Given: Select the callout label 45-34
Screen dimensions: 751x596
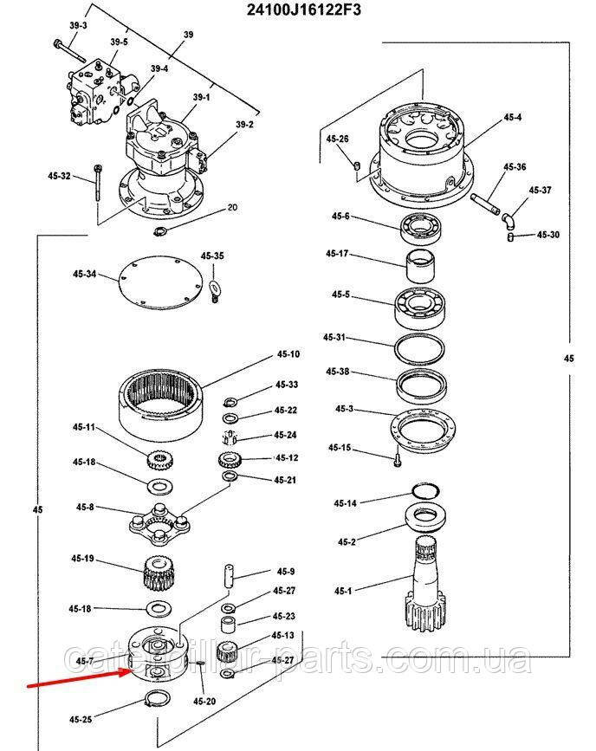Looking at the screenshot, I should point(84,275).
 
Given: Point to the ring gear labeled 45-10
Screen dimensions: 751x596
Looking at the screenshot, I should point(163,400).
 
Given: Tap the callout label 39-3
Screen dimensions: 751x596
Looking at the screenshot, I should point(78,26).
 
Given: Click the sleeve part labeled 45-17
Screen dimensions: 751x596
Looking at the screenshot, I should point(420,262).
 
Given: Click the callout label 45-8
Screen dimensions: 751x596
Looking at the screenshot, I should point(84,507).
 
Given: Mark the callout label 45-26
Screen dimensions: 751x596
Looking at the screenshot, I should point(338,139).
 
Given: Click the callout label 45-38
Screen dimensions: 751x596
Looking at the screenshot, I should point(338,371).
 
